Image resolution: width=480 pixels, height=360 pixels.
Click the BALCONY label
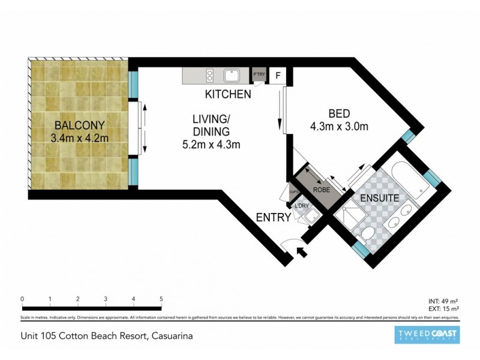click(80, 125)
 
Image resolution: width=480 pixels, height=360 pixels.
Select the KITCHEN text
click(227, 94)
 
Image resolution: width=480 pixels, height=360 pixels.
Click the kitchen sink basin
click(232, 76)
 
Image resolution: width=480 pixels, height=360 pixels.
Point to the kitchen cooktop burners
click(210, 76)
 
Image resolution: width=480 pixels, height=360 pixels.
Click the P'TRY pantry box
click(259, 75)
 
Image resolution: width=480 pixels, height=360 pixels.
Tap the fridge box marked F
click(278, 76)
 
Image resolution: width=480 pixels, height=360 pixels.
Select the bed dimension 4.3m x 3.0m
click(339, 126)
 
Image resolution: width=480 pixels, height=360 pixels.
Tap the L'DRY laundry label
click(301, 207)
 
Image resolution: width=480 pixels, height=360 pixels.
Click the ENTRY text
click(274, 217)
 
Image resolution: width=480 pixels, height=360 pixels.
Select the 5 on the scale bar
click(161, 298)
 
